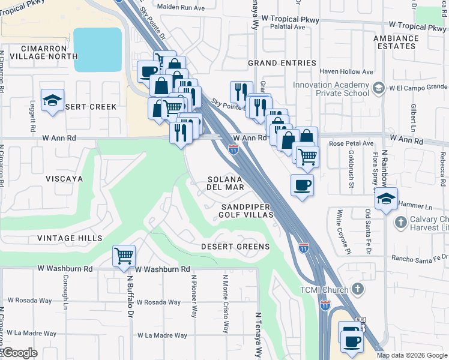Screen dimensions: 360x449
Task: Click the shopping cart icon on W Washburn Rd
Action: tap(124, 256)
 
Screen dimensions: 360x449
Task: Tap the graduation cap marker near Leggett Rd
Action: tap(52, 100)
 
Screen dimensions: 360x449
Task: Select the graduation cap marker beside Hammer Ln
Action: tap(386, 199)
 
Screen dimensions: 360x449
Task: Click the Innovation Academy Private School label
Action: tap(331, 89)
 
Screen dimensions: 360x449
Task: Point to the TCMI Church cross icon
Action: tap(357, 290)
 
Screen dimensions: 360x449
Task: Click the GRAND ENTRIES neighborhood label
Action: tap(282, 63)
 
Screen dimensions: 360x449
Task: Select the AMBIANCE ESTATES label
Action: tap(412, 42)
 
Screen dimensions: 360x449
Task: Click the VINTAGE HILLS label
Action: tap(70, 238)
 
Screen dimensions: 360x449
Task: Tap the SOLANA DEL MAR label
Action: tap(226, 183)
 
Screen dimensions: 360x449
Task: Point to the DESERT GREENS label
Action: tap(235, 247)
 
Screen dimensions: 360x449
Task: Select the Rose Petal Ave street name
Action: tap(351, 144)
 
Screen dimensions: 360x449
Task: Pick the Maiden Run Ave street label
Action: tap(181, 7)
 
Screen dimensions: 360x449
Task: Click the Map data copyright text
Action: tap(411, 355)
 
